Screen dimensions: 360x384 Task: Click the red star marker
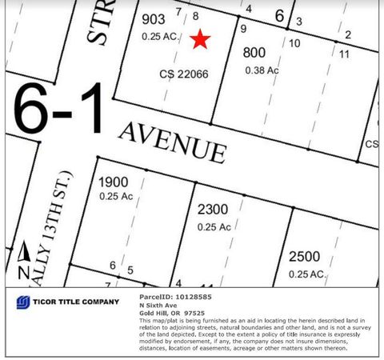[x=200, y=39]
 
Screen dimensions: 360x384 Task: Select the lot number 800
[x=254, y=54]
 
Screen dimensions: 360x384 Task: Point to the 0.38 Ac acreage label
[x=261, y=70]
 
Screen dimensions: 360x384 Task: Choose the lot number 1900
[x=112, y=182]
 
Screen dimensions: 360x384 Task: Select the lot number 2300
[x=212, y=210]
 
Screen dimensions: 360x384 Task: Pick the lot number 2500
[x=304, y=256]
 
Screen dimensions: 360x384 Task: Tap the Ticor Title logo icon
[x=24, y=302]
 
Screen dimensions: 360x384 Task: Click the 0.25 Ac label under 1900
[x=115, y=196]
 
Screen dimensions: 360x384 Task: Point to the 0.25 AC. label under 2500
[x=307, y=274]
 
